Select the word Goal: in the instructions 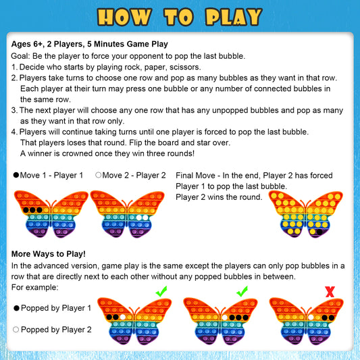(23, 56)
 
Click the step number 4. (14, 132)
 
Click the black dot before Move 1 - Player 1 (16, 175)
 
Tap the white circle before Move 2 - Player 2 (99, 175)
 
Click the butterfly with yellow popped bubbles (305, 215)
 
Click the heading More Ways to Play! (49, 254)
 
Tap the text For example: (35, 287)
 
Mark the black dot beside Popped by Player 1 (16, 308)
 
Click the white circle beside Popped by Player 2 (16, 330)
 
